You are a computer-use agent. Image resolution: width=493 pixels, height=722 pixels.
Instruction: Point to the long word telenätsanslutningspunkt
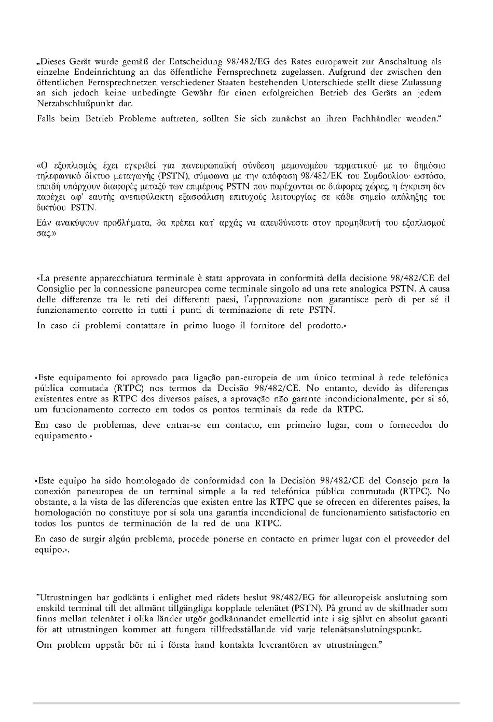368,630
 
